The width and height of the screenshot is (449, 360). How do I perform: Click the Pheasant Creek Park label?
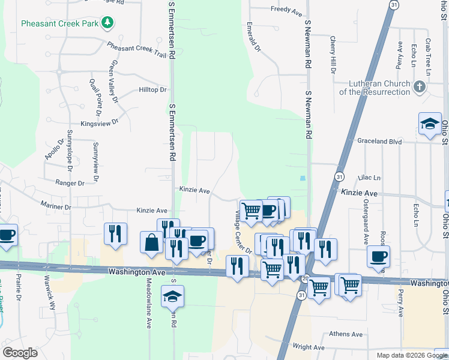[x=59, y=24]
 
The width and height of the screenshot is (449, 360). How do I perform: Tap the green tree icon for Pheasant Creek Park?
[x=107, y=23]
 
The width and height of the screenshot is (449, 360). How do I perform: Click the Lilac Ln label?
[x=369, y=178]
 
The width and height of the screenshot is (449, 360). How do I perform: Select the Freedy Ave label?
[x=286, y=10]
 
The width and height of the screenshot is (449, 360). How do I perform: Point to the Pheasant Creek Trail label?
[x=136, y=50]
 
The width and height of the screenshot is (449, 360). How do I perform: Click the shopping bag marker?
[x=152, y=242]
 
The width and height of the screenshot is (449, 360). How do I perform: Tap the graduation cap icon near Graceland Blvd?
[x=430, y=124]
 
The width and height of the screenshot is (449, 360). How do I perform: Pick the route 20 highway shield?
[x=305, y=278]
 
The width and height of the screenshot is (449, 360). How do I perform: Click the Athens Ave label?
[x=346, y=334]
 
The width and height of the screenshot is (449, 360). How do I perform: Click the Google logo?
[x=20, y=352]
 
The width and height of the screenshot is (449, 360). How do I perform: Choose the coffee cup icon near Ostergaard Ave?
[x=379, y=257]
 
